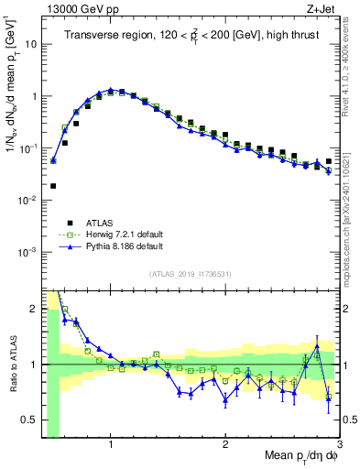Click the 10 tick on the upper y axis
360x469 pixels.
click(x=27, y=43)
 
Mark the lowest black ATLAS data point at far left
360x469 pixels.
click(x=53, y=186)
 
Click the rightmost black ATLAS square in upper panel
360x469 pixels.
click(x=329, y=161)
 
